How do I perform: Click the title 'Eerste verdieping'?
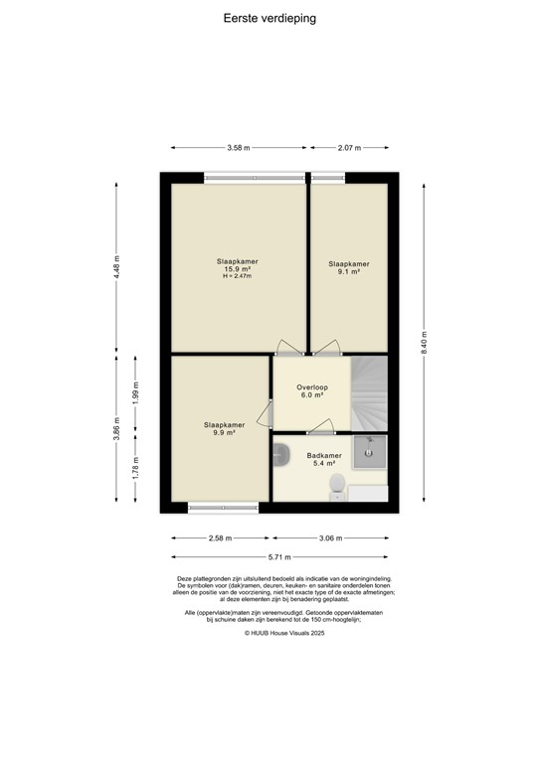coord(270,17)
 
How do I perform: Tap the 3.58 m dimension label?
coord(238,147)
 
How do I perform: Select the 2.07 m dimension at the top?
coord(349,147)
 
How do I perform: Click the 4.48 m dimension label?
coord(117,267)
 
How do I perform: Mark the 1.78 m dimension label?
coord(137,464)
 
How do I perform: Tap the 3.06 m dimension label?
coord(329,538)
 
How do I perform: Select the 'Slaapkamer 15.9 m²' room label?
coord(237,268)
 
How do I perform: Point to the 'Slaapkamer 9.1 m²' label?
coord(349,268)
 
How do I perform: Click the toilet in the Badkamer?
coord(339,485)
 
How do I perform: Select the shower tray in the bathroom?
coord(370,454)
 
